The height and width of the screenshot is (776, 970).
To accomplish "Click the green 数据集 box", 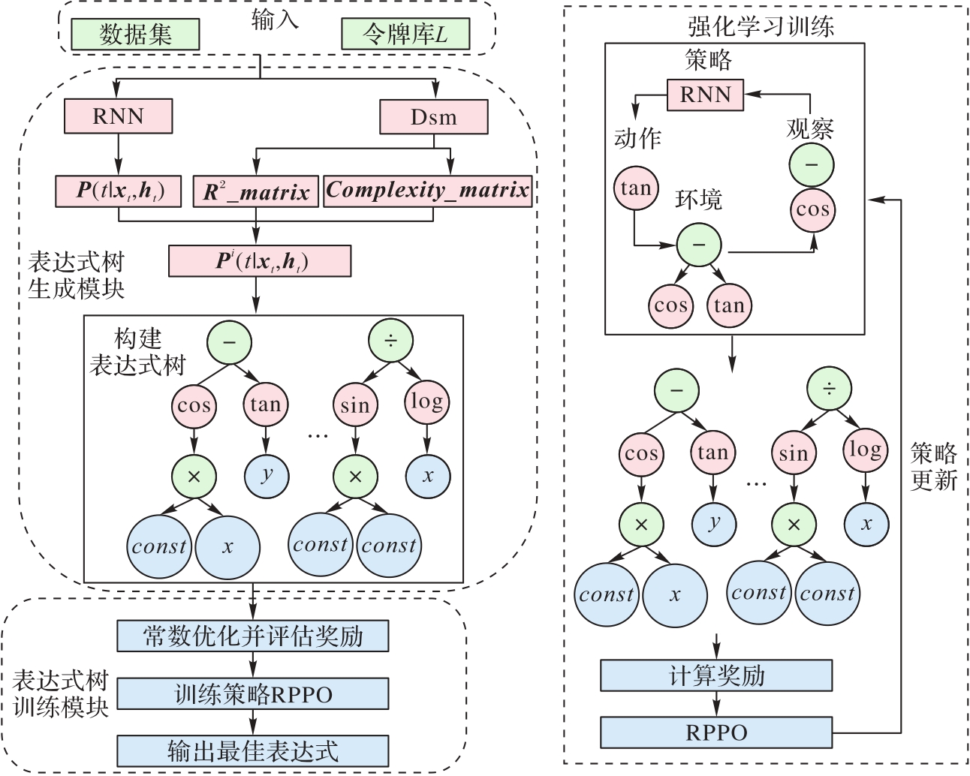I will tap(135, 35).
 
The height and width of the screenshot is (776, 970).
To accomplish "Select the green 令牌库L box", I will tap(405, 35).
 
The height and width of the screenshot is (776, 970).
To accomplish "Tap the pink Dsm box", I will tap(433, 117).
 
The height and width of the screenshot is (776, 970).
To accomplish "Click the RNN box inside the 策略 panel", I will tap(705, 95).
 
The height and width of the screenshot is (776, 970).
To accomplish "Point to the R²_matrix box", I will tap(256, 191).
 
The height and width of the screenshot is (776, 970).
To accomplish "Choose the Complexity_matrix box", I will tap(428, 191).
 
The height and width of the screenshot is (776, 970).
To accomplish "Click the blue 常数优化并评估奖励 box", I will tap(253, 636).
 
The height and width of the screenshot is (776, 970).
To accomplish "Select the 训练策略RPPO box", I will tap(253, 694).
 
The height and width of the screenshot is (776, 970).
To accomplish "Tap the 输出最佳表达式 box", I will tap(253, 751).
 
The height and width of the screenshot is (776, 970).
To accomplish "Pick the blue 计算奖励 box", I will tap(716, 675).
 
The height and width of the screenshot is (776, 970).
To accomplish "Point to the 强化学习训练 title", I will tap(761, 27).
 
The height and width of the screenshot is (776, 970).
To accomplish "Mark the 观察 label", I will tap(810, 128).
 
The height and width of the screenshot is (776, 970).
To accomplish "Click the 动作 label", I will tap(637, 138).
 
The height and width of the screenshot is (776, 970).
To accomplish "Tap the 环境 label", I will tap(698, 200).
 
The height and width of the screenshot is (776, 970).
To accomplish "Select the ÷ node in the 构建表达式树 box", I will tap(391, 341).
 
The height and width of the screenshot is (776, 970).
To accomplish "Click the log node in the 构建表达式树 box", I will tap(426, 402).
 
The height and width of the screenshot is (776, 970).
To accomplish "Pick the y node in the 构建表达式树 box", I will tap(267, 475).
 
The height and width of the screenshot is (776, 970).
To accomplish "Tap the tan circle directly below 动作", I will tap(636, 188).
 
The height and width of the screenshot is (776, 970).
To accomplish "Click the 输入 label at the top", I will tap(275, 20).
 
